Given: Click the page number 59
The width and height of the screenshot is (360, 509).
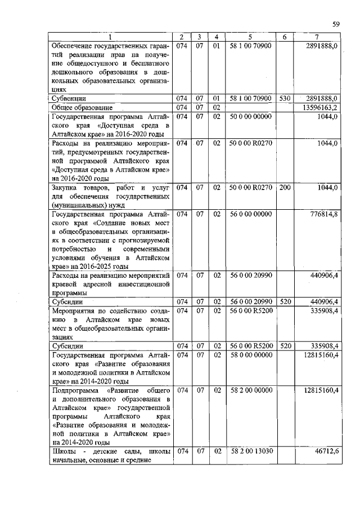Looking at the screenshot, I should coord(335,24).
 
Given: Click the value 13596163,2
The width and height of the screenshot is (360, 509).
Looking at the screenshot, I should coord(320,107).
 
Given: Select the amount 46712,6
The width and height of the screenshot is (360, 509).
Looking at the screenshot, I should coord(326,451).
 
